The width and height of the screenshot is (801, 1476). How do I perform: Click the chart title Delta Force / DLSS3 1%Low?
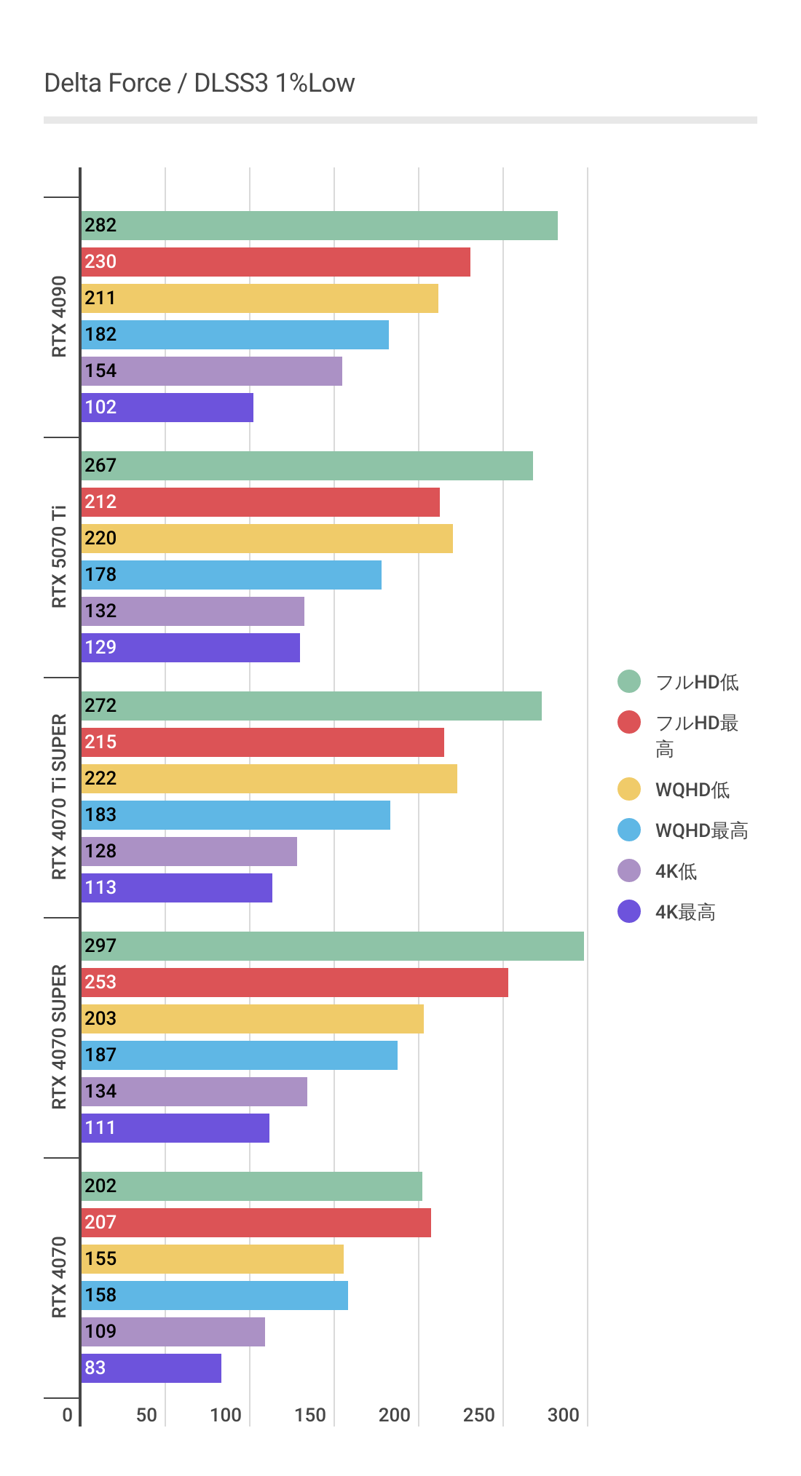199,84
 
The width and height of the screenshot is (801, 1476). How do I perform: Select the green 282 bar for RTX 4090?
319,226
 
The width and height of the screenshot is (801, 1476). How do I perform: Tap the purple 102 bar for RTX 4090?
167,408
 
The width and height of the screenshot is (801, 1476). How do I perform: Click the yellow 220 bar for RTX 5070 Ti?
267,539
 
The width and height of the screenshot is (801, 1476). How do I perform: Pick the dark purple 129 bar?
191,648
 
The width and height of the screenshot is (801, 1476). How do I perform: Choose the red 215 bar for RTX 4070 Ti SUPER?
262,742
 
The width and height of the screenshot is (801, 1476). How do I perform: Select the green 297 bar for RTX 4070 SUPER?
332,946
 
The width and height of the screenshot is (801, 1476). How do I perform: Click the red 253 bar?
294,983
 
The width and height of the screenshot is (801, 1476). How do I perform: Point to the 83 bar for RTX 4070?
151,1368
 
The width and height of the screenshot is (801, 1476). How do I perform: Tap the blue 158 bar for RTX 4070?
214,1296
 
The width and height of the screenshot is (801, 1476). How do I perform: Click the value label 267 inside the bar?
100,466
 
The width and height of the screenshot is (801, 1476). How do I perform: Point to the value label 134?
100,1092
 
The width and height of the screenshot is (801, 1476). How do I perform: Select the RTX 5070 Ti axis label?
59,557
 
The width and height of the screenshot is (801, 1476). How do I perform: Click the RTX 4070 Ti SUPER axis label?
59,797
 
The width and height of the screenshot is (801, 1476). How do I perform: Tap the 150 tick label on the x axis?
310,1415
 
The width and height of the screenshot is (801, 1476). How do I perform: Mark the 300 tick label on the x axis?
563,1415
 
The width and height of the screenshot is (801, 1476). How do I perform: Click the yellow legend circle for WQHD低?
629,789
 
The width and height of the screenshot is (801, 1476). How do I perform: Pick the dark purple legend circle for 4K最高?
629,911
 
